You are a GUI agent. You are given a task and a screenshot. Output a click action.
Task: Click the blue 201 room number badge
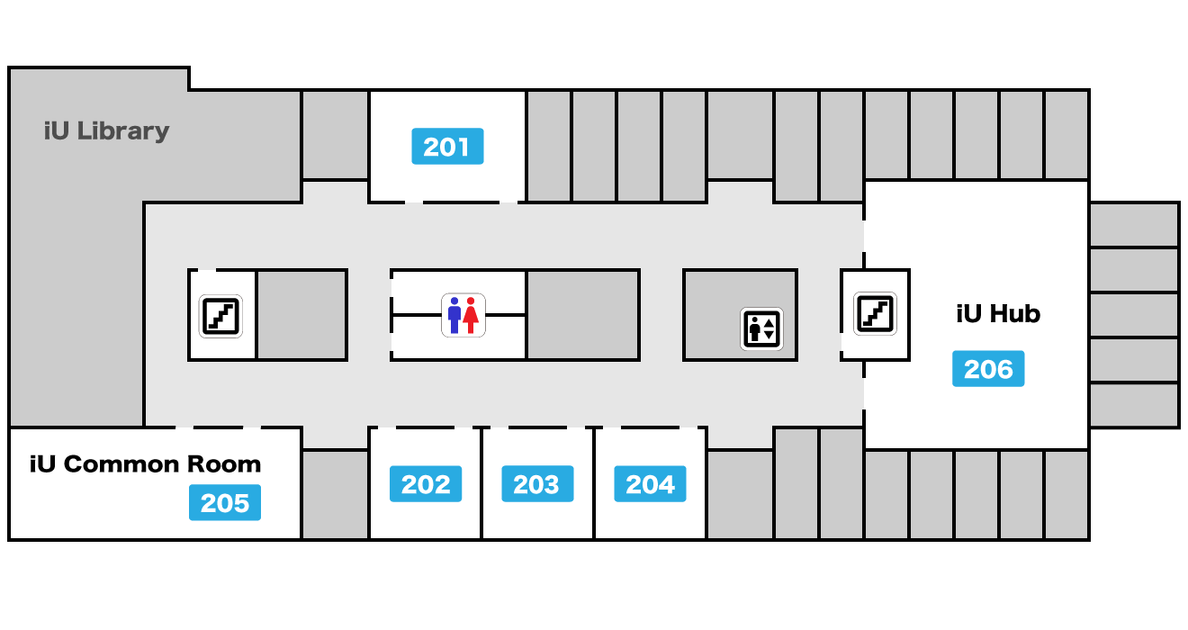coord(447,146)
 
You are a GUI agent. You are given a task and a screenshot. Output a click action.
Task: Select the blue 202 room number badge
coord(426,484)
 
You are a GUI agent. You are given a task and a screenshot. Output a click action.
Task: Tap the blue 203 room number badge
coord(537,484)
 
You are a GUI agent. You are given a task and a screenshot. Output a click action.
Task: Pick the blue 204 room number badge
coord(650,484)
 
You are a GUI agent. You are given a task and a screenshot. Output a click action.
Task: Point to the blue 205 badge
coord(225,502)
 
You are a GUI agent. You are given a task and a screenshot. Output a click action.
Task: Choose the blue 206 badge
coord(988,369)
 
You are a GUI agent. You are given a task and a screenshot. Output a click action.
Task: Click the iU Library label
coord(106,131)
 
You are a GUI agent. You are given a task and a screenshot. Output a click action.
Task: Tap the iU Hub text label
coord(998,314)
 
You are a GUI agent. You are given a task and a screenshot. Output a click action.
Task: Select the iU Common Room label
coord(145,464)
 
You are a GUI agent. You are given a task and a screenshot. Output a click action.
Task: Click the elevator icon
coord(761,328)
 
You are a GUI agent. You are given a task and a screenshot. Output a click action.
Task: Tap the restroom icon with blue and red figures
coord(463,315)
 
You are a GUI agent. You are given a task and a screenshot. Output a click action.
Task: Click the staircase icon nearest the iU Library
coord(220,316)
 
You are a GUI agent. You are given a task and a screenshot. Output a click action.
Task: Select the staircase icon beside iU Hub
coord(875,313)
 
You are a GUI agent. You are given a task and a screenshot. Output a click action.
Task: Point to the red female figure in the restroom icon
coord(471,315)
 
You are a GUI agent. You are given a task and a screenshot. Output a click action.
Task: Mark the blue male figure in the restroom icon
coord(454,315)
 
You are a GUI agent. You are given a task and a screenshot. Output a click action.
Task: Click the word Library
coord(122,131)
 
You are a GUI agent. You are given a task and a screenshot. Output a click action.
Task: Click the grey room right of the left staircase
coord(302,315)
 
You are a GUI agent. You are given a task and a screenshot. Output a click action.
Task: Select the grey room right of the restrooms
coord(582,315)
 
